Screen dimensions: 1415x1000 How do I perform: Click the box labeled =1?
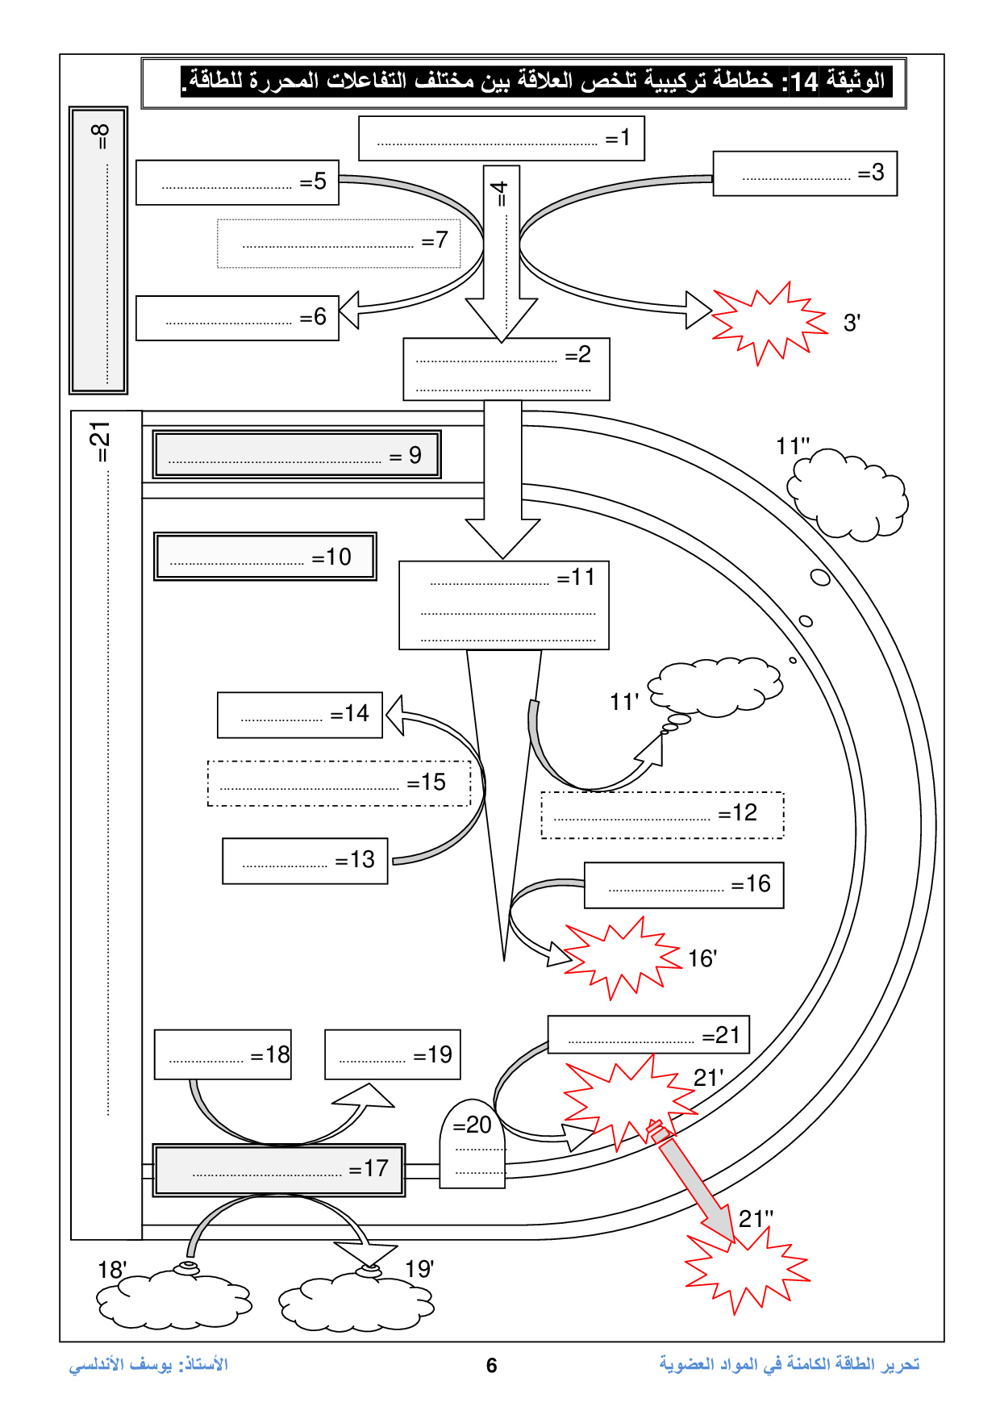(x=501, y=139)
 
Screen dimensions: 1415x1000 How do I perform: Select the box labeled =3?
(x=805, y=173)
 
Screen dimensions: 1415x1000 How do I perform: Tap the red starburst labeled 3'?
(x=768, y=323)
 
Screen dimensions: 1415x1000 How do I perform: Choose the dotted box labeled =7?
(x=339, y=243)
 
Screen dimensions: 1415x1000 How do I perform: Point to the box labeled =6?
(x=237, y=318)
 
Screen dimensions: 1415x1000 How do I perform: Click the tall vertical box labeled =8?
(x=98, y=250)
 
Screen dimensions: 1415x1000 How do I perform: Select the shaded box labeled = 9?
(x=297, y=455)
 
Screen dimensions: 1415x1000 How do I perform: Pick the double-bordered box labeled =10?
(x=265, y=556)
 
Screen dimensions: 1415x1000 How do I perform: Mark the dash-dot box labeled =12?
(x=662, y=815)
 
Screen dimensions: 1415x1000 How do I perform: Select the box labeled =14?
(x=299, y=715)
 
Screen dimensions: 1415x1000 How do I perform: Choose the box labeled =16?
(x=684, y=885)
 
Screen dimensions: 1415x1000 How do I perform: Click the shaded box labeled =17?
(x=279, y=1170)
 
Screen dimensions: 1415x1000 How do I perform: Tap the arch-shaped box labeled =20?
(x=473, y=1146)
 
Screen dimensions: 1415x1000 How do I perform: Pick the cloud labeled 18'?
(x=173, y=1299)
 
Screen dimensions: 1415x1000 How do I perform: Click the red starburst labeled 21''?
(x=746, y=1271)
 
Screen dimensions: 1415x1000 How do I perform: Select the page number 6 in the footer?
(x=492, y=1365)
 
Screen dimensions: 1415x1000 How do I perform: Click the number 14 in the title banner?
(x=804, y=81)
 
